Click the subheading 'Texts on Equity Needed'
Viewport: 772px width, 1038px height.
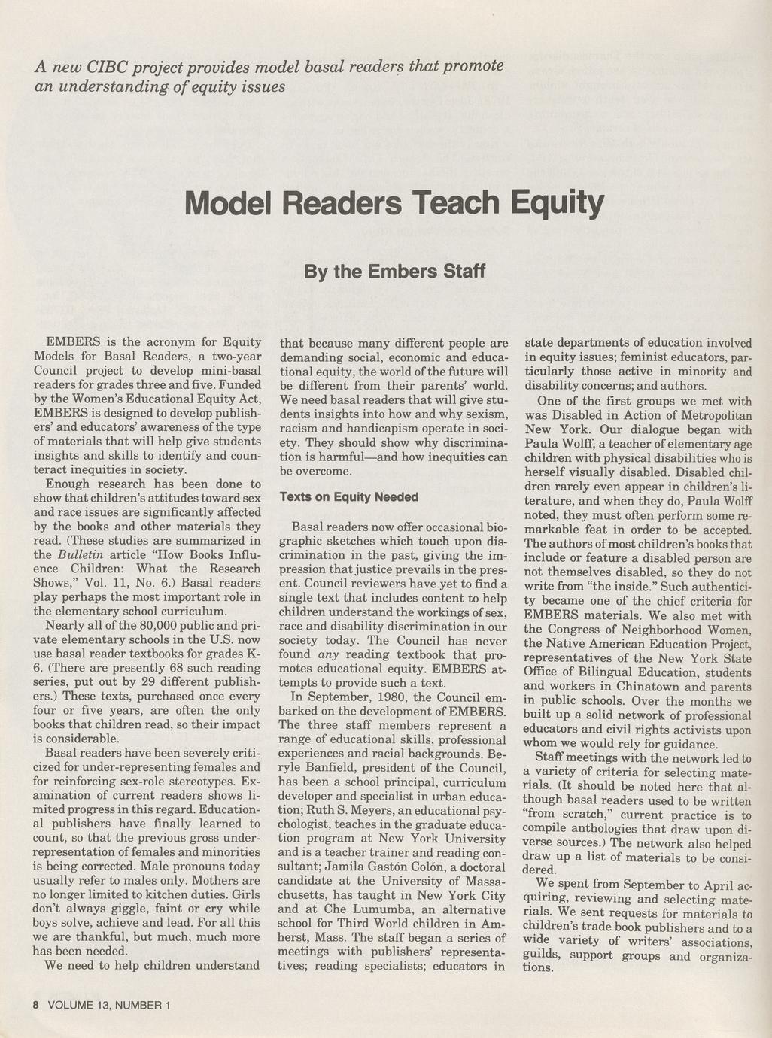point(348,497)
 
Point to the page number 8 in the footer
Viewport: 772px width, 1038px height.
point(35,1005)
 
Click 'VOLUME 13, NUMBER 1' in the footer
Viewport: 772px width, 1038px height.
point(111,1005)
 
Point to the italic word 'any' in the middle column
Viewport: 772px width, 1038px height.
point(328,654)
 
